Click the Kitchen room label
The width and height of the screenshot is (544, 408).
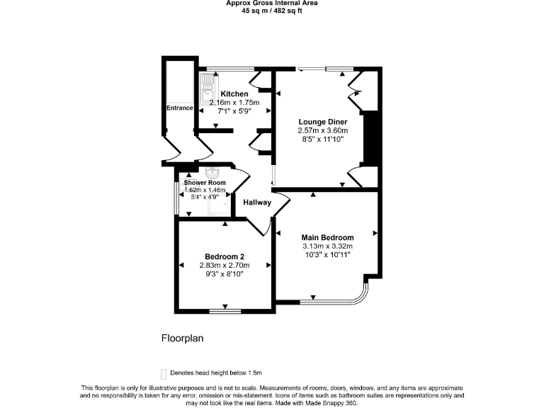[234, 94]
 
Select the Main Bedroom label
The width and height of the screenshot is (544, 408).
[327, 237]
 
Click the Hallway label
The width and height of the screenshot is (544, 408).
[257, 203]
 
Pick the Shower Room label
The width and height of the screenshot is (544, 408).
[205, 183]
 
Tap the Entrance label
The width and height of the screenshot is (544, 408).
[180, 108]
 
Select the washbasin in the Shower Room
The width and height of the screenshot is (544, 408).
[212, 174]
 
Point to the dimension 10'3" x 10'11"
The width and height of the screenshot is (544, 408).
[327, 255]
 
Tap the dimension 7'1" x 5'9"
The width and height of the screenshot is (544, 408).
[234, 111]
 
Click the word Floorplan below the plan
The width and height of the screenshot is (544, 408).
[182, 339]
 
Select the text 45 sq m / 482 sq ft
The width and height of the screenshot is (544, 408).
[272, 11]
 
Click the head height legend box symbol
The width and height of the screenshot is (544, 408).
[164, 373]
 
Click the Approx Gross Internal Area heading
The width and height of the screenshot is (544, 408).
[272, 3]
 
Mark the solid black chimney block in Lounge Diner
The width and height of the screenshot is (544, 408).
[371, 139]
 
